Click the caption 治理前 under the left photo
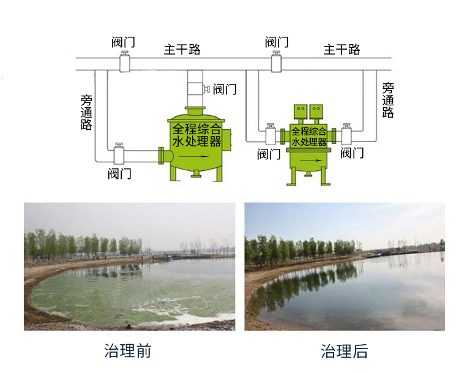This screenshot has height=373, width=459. pos(127,351)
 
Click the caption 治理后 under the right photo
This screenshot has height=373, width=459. pos(345,351)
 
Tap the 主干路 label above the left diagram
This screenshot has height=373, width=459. pos(182,50)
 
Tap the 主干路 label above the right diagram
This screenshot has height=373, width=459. pos(342,50)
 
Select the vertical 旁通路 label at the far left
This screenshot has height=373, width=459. pos(86,112)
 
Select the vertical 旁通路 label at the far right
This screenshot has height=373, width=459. pos(388,100)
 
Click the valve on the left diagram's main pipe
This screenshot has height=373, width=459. pos(125,62)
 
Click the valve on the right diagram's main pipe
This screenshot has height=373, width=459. pos(277,62)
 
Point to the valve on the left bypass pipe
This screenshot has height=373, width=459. pos(119,154)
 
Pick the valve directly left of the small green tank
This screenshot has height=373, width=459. pos(270,134)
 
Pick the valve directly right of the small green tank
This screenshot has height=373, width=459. pos(347,134)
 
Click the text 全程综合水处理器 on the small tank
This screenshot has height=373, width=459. pos(309,136)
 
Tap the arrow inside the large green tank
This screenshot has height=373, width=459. pos(197,156)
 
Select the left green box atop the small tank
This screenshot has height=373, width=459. pos(300,111)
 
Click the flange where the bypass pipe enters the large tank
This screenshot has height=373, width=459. pos(162,156)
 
